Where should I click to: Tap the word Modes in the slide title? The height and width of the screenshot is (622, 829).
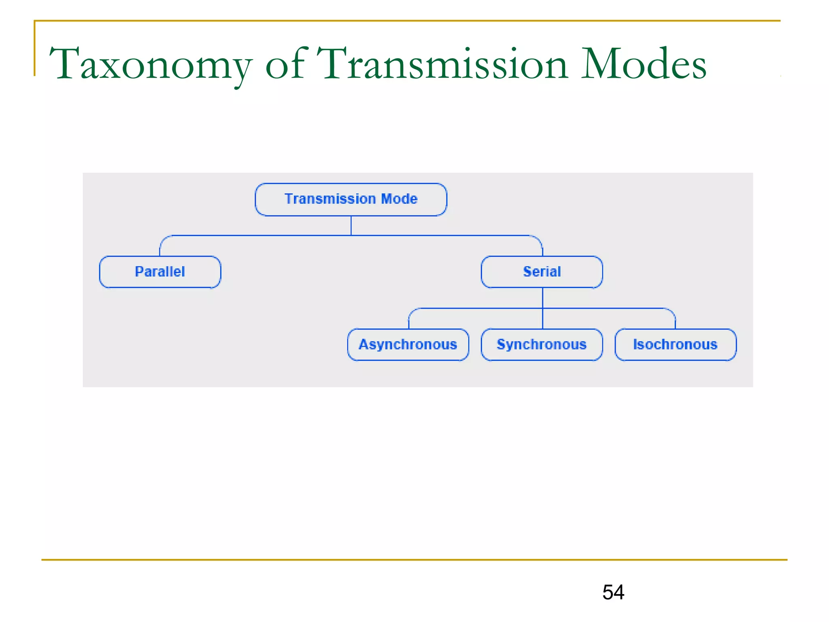pos(644,65)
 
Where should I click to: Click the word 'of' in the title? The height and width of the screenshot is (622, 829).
pos(285,65)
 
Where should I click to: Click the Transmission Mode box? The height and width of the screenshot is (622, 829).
pos(351,199)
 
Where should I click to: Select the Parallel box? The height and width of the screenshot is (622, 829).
pos(160,272)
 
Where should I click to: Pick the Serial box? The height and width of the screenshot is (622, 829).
pos(542,272)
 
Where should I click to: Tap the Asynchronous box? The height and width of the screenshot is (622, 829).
pos(408,345)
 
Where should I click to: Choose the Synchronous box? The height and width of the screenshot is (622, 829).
pos(542,345)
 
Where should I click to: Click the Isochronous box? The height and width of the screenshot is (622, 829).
pos(675,345)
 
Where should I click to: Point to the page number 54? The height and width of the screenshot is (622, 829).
pos(613,592)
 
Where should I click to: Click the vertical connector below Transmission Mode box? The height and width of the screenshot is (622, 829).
pos(351,226)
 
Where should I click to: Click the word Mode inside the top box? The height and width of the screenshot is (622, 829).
pos(399,199)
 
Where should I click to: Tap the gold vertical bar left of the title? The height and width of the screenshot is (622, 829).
pos(35,49)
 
